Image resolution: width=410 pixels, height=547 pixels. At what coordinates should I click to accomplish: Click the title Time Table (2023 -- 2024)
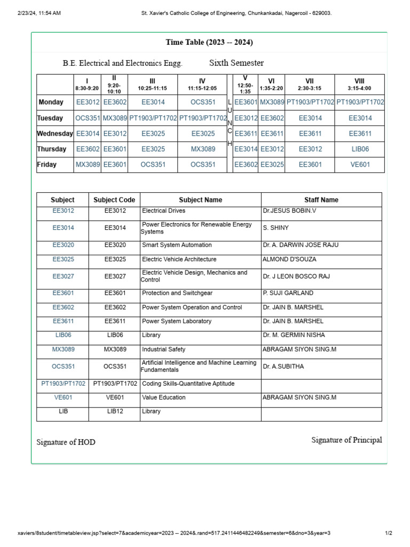[x=209, y=42]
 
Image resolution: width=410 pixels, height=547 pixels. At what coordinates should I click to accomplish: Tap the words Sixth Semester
[x=236, y=63]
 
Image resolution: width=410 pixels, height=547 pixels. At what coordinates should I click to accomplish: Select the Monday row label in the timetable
[x=51, y=102]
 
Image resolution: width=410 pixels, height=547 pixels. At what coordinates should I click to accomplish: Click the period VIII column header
[x=359, y=84]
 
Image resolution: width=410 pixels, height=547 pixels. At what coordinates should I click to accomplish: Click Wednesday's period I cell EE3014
[x=88, y=134]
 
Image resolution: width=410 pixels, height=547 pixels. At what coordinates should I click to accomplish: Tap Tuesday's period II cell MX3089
[x=115, y=118]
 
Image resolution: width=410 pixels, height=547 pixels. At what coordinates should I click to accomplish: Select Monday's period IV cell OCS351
[x=203, y=102]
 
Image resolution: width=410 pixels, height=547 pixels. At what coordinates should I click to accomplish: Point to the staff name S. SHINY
[x=275, y=228]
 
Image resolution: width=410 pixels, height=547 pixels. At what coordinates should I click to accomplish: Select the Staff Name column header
[x=321, y=200]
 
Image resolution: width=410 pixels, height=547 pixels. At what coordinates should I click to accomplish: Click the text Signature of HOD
[x=66, y=442]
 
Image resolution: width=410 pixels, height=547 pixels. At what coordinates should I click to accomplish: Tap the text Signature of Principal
[x=346, y=440]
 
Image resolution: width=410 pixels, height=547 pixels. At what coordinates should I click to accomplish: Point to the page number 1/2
[x=389, y=533]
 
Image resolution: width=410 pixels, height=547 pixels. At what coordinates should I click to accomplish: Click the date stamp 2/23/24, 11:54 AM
[x=39, y=13]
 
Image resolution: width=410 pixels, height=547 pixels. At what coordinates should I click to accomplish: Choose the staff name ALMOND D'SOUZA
[x=289, y=260]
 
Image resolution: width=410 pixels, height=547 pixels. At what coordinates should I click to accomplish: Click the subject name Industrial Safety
[x=163, y=349]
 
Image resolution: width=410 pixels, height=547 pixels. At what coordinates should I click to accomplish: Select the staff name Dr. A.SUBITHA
[x=283, y=366]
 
